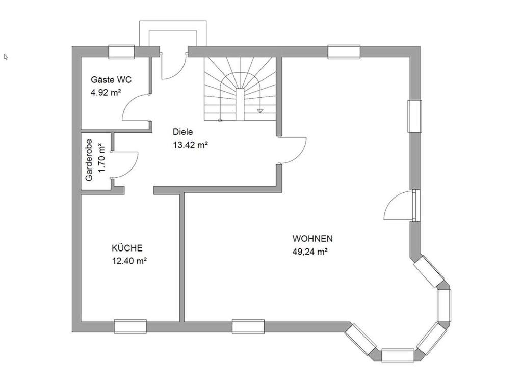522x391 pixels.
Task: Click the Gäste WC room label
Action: point(111,80)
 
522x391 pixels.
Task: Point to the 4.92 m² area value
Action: point(106,93)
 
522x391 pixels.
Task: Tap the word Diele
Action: point(183,132)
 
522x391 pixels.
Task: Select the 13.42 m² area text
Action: point(191,145)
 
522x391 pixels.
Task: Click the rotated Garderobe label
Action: point(89,160)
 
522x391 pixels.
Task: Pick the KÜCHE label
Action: point(127,248)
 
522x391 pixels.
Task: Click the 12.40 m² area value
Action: point(129,261)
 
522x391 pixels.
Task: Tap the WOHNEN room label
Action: point(312,239)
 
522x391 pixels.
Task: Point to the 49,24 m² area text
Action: point(310,252)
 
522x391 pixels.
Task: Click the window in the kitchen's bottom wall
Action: point(130,326)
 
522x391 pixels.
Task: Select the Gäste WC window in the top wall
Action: point(121,52)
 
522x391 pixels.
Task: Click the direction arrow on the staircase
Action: point(260,110)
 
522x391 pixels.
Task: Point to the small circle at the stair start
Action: point(220,120)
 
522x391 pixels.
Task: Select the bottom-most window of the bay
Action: point(398,355)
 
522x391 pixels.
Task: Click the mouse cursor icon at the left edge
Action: point(6,57)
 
